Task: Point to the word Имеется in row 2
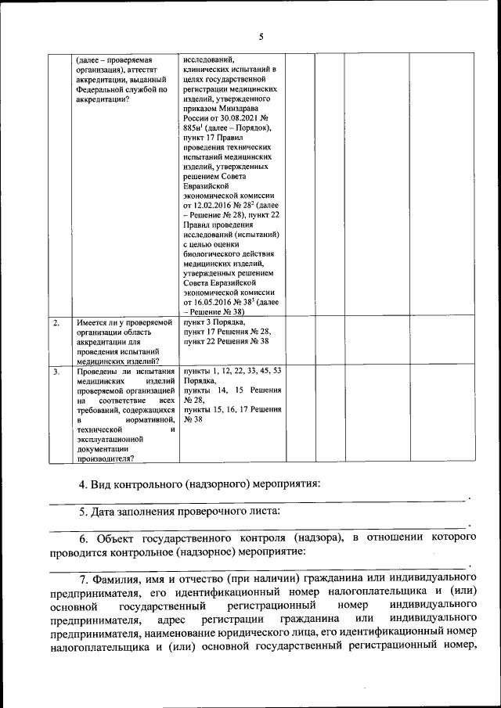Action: coord(93,322)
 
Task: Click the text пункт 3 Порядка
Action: coord(213,322)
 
